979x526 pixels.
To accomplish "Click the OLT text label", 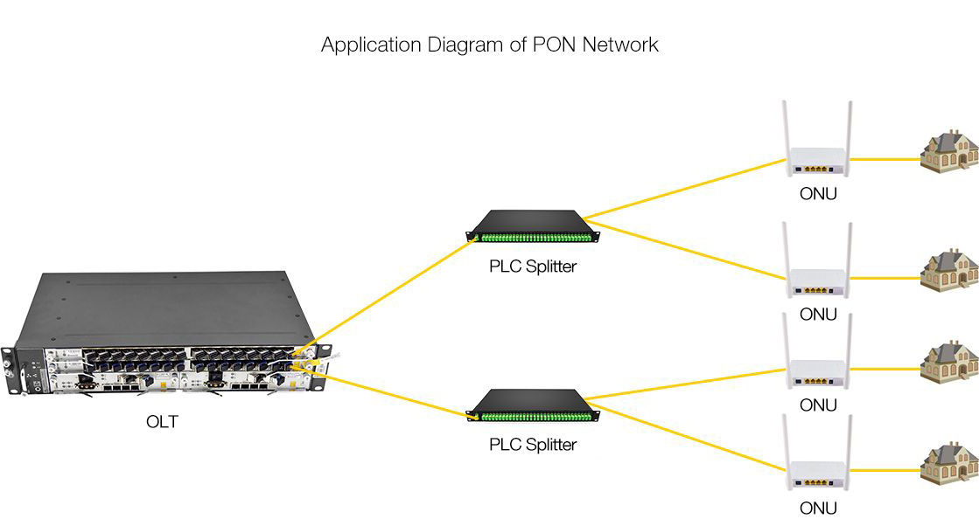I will point(162,422).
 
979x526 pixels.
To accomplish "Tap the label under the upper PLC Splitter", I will point(533,266).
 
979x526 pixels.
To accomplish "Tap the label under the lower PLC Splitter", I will point(533,445).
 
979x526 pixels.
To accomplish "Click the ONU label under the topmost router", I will point(818,194).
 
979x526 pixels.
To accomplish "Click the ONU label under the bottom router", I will point(818,508).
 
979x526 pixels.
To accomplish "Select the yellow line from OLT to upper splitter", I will point(394,294).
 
